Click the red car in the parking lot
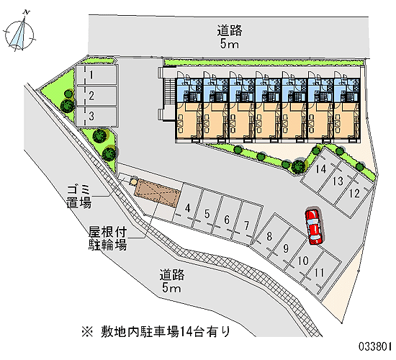coord(314,226)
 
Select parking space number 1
coord(96,75)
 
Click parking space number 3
coord(96,117)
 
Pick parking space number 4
coord(187,204)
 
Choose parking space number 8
coord(269,235)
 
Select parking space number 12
coord(354,194)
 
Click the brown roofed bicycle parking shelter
coord(158,192)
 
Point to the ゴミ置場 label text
coord(78,196)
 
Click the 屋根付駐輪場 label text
coord(107,238)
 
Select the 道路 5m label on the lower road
coord(172,281)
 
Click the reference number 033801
coord(375,346)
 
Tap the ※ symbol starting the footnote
coord(87,332)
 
